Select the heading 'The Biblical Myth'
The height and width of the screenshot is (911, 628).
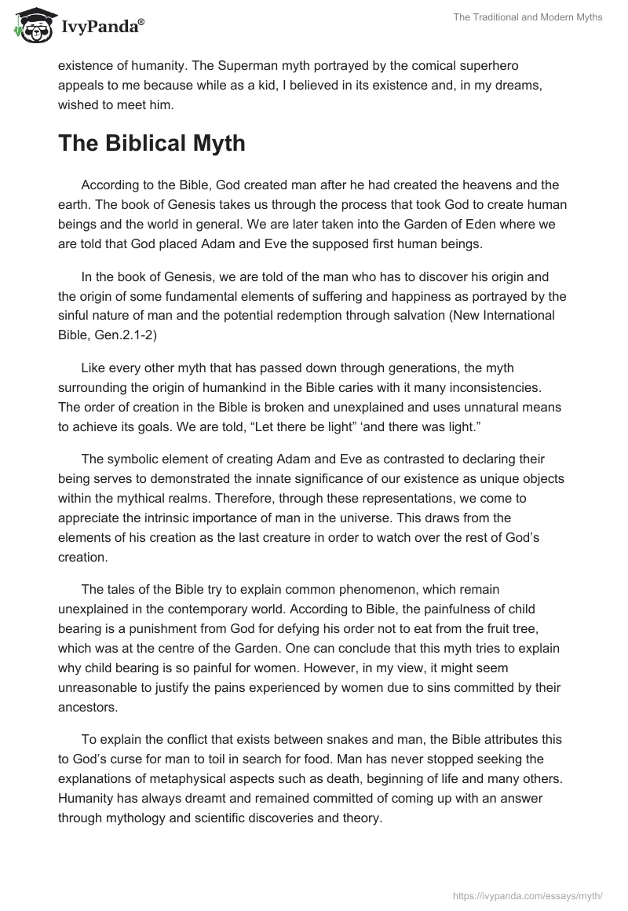pos(152,143)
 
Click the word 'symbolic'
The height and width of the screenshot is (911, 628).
pos(136,459)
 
